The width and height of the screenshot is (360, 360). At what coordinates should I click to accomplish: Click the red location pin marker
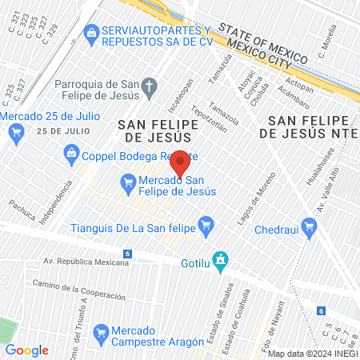[180, 162]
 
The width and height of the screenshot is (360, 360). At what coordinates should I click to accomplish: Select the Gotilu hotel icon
[223, 261]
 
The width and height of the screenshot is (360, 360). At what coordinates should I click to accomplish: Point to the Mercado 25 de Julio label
[50, 115]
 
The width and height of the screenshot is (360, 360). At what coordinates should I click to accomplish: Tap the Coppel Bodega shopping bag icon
[71, 152]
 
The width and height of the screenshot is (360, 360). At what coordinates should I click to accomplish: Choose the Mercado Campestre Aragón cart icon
[102, 331]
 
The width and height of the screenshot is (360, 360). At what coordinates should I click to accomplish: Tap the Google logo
[26, 350]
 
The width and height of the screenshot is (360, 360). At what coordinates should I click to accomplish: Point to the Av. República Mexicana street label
[86, 262]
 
